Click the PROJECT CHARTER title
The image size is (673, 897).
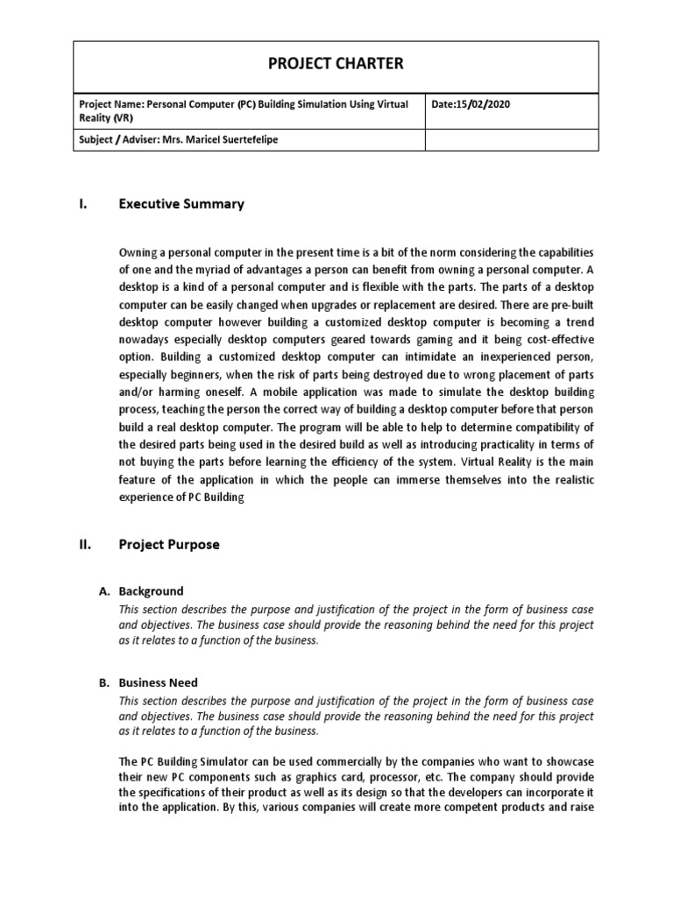tap(336, 63)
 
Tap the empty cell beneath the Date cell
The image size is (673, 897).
tap(512, 140)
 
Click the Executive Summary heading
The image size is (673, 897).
tap(181, 204)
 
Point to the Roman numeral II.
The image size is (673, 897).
tap(85, 544)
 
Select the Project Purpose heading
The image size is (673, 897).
tap(169, 544)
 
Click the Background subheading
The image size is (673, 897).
tap(151, 591)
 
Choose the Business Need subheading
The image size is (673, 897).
tap(158, 682)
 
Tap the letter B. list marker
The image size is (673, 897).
tap(103, 682)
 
